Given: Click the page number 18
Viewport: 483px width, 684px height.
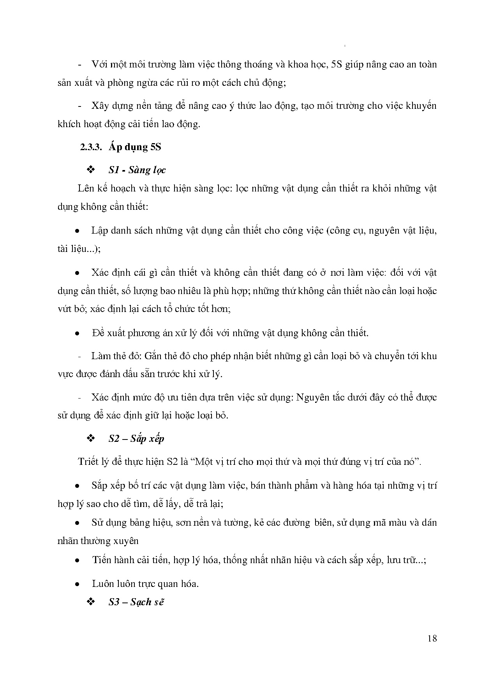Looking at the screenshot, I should click(432, 638).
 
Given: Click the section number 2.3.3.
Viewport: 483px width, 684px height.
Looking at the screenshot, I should click(91, 147).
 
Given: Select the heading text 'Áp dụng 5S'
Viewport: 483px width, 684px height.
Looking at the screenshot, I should click(135, 147).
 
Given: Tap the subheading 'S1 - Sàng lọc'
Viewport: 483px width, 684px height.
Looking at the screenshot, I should click(137, 170).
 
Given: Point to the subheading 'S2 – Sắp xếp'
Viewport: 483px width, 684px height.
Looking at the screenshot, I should click(136, 439).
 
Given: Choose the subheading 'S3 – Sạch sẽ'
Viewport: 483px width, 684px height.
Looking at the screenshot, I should click(136, 602).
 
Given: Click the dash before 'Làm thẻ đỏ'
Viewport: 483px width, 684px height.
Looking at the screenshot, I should click(80, 356).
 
